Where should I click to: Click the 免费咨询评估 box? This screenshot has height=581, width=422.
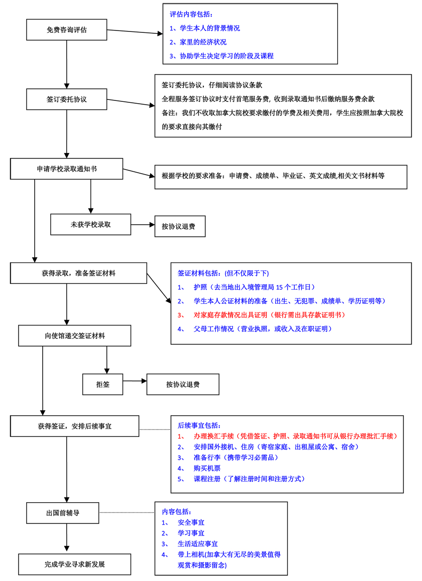click(x=67, y=30)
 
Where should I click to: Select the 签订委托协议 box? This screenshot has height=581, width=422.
click(x=67, y=99)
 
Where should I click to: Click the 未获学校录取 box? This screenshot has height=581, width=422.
click(x=90, y=224)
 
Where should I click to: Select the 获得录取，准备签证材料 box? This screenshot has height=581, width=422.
click(x=78, y=273)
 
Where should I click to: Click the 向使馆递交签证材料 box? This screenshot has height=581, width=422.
click(x=75, y=336)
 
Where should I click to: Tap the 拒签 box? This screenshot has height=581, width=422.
click(x=103, y=384)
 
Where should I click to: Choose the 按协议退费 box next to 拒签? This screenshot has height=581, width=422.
click(x=182, y=384)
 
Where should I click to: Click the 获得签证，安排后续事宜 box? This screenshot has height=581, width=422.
click(x=75, y=426)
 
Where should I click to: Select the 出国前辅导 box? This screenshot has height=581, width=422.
click(x=63, y=513)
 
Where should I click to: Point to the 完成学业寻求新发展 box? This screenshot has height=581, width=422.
click(x=75, y=564)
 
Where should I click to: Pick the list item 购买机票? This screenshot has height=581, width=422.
click(x=206, y=468)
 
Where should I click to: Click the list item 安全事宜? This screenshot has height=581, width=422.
click(x=191, y=522)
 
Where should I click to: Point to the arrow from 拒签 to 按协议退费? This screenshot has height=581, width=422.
click(x=135, y=381)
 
